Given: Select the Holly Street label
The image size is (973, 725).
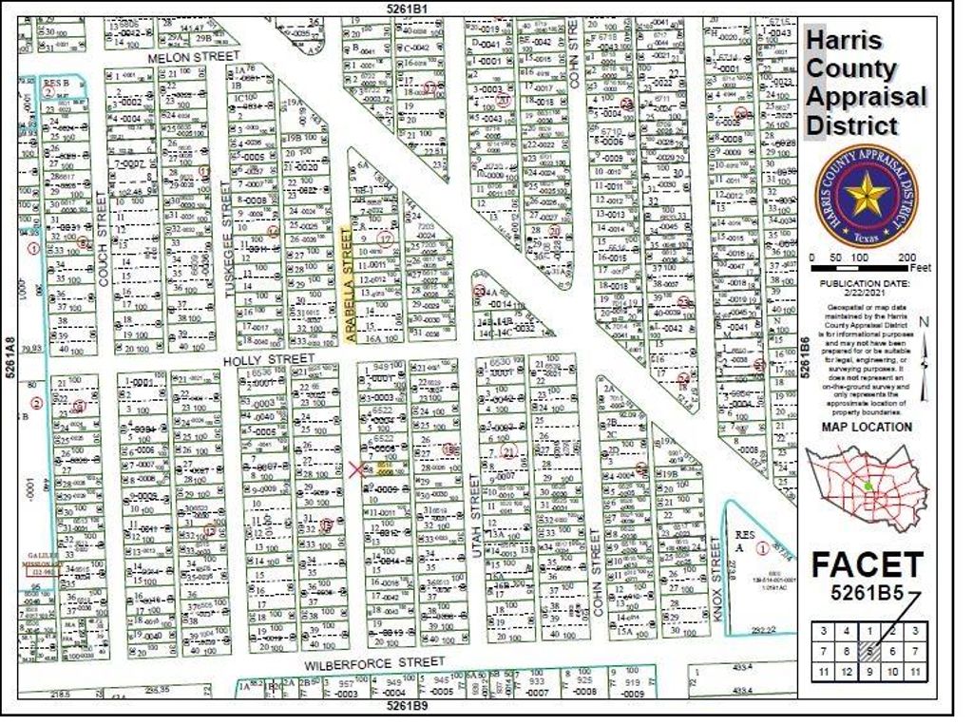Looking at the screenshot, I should (x=269, y=359).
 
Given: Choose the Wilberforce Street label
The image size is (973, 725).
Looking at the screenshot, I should (x=373, y=661).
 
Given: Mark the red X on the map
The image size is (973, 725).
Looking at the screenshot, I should (x=357, y=469).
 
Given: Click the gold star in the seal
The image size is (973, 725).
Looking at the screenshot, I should (x=867, y=197).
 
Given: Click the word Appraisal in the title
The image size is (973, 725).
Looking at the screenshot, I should (x=866, y=97).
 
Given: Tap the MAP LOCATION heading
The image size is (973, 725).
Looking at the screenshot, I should (x=867, y=427).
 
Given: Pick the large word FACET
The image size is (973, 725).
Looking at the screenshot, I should (x=867, y=565).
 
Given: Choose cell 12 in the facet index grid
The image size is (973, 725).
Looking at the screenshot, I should (x=843, y=673).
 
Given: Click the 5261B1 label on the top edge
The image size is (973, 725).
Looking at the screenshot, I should (x=408, y=9).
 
